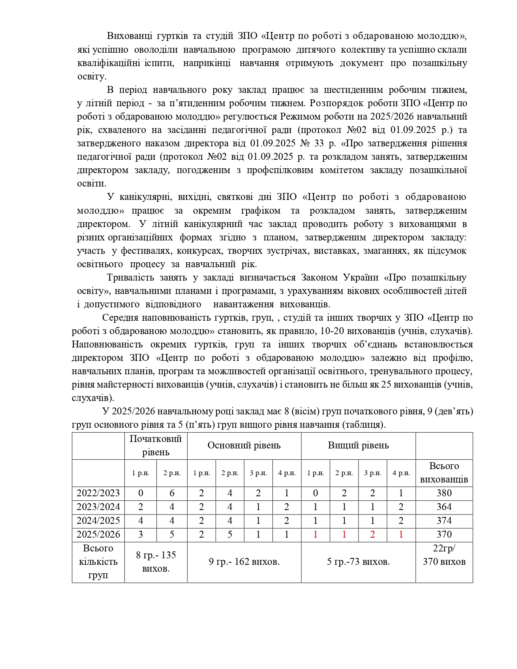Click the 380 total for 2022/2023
(x=444, y=493)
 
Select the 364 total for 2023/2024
(x=444, y=507)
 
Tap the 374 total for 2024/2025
(x=444, y=521)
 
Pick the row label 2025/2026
(x=98, y=534)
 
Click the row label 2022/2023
(x=98, y=493)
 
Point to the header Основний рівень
(x=244, y=445)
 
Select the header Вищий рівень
(x=358, y=445)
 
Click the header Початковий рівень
(x=156, y=445)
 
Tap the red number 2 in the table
(x=373, y=534)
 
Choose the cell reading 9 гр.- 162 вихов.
(x=244, y=562)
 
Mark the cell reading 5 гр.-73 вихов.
(x=358, y=562)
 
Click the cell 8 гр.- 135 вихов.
(x=156, y=562)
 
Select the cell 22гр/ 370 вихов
(x=444, y=555)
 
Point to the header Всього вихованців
(x=444, y=473)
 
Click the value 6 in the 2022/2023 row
(x=172, y=493)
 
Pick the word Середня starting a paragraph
(x=120, y=317)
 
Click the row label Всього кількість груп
(x=98, y=562)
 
